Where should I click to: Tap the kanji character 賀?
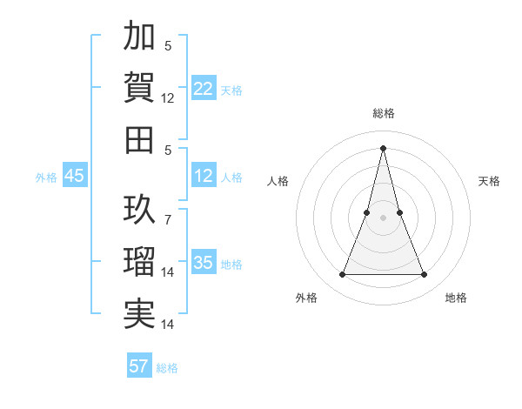pyautogui.click(x=139, y=87)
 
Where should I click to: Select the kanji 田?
pyautogui.click(x=139, y=139)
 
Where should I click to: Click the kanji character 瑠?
pyautogui.click(x=139, y=261)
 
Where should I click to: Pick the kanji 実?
pyautogui.click(x=139, y=313)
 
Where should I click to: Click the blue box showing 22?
pyautogui.click(x=204, y=89)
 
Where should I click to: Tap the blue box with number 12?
pyautogui.click(x=204, y=177)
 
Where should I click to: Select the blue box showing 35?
pyautogui.click(x=204, y=263)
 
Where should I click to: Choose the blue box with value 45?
pyautogui.click(x=75, y=177)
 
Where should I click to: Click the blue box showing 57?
pyautogui.click(x=139, y=366)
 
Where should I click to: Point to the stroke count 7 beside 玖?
pyautogui.click(x=167, y=211)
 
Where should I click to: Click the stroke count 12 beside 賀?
pyautogui.click(x=168, y=98)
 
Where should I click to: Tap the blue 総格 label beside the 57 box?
pyautogui.click(x=167, y=368)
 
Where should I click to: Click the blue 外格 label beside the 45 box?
pyautogui.click(x=46, y=178)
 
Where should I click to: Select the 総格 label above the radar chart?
pyautogui.click(x=383, y=113)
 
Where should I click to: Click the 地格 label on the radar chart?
pyautogui.click(x=456, y=298)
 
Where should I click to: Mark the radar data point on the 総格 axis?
pyautogui.click(x=383, y=147)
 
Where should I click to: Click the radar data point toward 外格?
pyautogui.click(x=342, y=275)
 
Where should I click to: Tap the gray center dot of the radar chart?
pyautogui.click(x=383, y=218)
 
